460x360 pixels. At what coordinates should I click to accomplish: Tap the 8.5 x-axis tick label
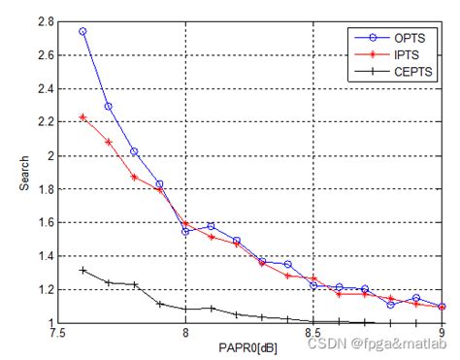tap(313, 333)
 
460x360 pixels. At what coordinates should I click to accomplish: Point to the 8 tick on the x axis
tap(185, 333)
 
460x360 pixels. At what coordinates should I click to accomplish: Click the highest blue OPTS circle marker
tap(82, 31)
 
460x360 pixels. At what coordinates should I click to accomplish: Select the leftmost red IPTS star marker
tap(82, 117)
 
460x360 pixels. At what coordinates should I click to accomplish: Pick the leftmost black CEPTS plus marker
tap(82, 270)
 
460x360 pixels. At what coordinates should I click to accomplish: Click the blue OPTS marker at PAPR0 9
tap(442, 307)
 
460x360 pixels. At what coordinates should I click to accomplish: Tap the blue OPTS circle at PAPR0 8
tap(185, 231)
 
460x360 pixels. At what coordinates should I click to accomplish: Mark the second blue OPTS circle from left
tap(109, 107)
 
